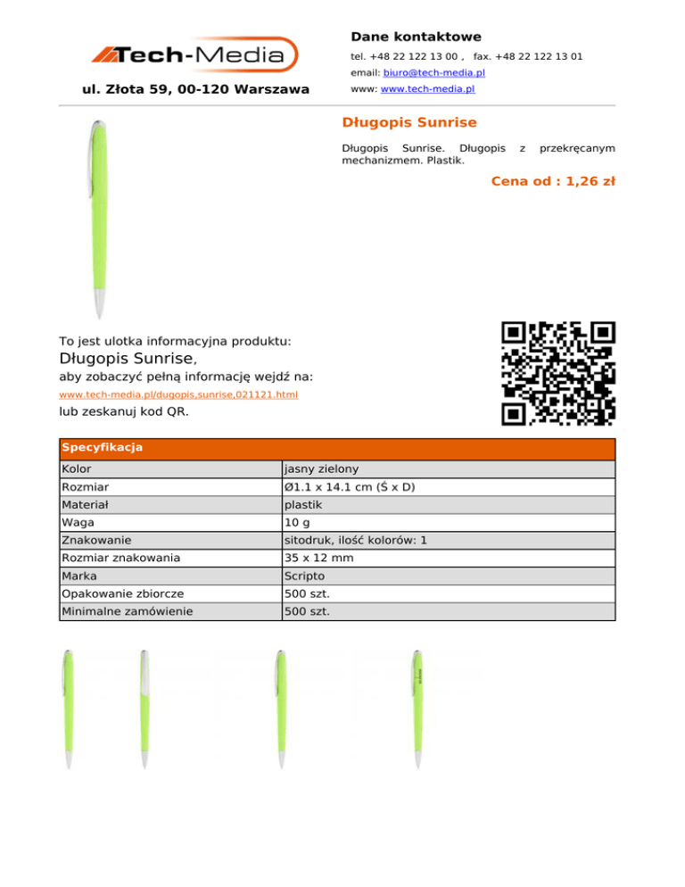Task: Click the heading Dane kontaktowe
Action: pyautogui.click(x=416, y=37)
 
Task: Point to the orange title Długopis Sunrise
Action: pyautogui.click(x=409, y=122)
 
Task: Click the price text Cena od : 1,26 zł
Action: pyautogui.click(x=553, y=181)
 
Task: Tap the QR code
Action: pyautogui.click(x=558, y=374)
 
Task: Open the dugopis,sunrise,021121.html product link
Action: pyautogui.click(x=178, y=394)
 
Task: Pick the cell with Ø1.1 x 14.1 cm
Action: pyautogui.click(x=349, y=487)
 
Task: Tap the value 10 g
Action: pyautogui.click(x=297, y=523)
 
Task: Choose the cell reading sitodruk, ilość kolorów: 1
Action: pyautogui.click(x=355, y=541)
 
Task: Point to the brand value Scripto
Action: pyautogui.click(x=304, y=576)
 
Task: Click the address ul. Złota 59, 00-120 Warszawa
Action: pyautogui.click(x=195, y=89)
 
